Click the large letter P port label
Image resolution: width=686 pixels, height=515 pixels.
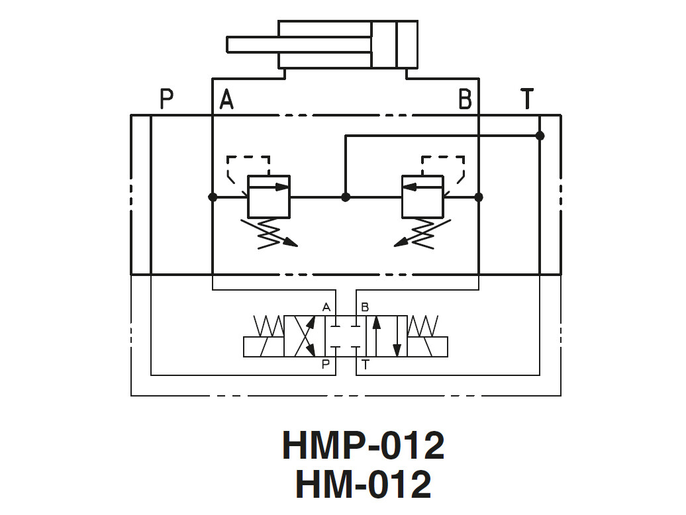tap(167, 99)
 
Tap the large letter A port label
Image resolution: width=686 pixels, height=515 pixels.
tap(226, 99)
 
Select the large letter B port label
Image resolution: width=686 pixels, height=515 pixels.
tap(465, 99)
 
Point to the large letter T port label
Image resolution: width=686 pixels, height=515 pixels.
tap(527, 99)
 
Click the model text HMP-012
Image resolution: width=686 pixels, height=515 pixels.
tap(363, 445)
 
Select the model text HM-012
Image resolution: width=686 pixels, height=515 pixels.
tap(363, 484)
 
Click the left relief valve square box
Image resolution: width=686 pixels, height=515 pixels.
tap(269, 197)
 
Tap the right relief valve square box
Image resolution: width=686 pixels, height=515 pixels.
tap(423, 197)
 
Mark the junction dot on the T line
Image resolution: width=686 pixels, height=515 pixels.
tap(540, 136)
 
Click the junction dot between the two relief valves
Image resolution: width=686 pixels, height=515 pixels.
tap(345, 197)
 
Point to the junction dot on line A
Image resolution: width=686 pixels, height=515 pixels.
tap(213, 197)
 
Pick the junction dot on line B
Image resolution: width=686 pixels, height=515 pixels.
tap(479, 197)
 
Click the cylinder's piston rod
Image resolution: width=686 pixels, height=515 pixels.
tap(298, 44)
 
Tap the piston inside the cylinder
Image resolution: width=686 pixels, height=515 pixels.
tap(384, 44)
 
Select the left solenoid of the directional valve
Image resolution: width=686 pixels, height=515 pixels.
tap(264, 347)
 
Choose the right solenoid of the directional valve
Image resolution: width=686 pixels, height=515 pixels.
tap(427, 347)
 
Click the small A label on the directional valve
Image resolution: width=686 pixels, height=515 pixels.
tap(326, 306)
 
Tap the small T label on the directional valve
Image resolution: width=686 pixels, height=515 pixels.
tap(366, 365)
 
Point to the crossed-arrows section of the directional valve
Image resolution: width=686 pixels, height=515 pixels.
tap(304, 336)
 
